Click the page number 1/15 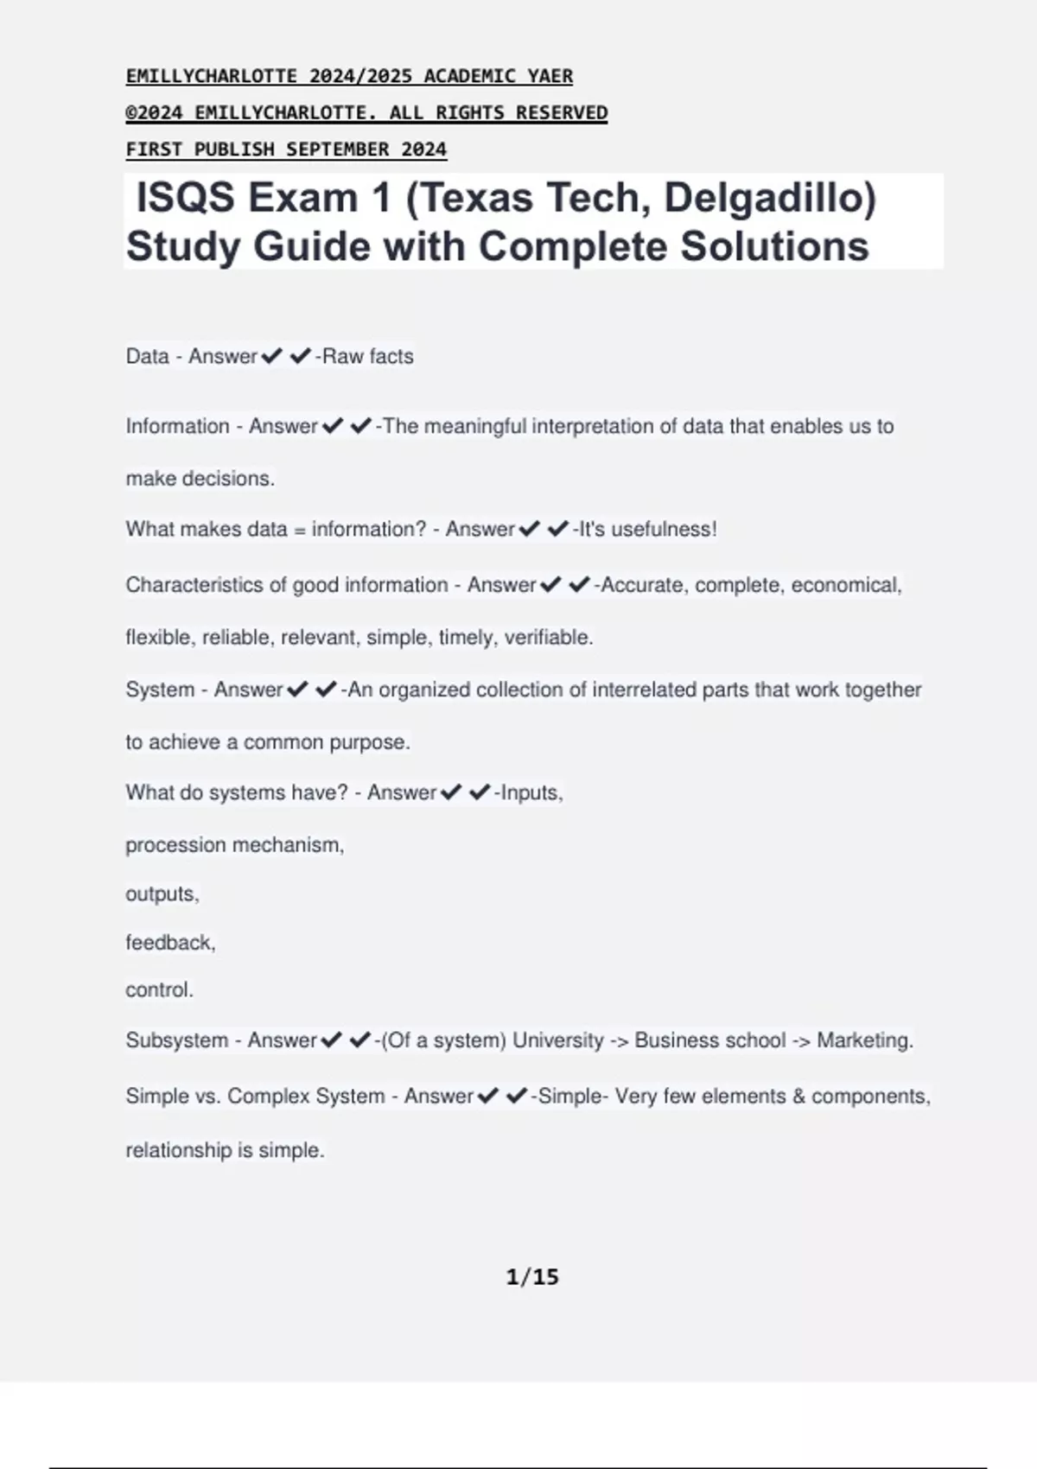532,1277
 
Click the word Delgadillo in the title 770,199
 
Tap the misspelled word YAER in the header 550,76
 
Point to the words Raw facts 368,356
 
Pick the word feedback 169,943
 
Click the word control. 159,990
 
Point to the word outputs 162,894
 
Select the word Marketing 864,1040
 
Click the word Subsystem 176,1040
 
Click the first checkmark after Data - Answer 271,356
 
